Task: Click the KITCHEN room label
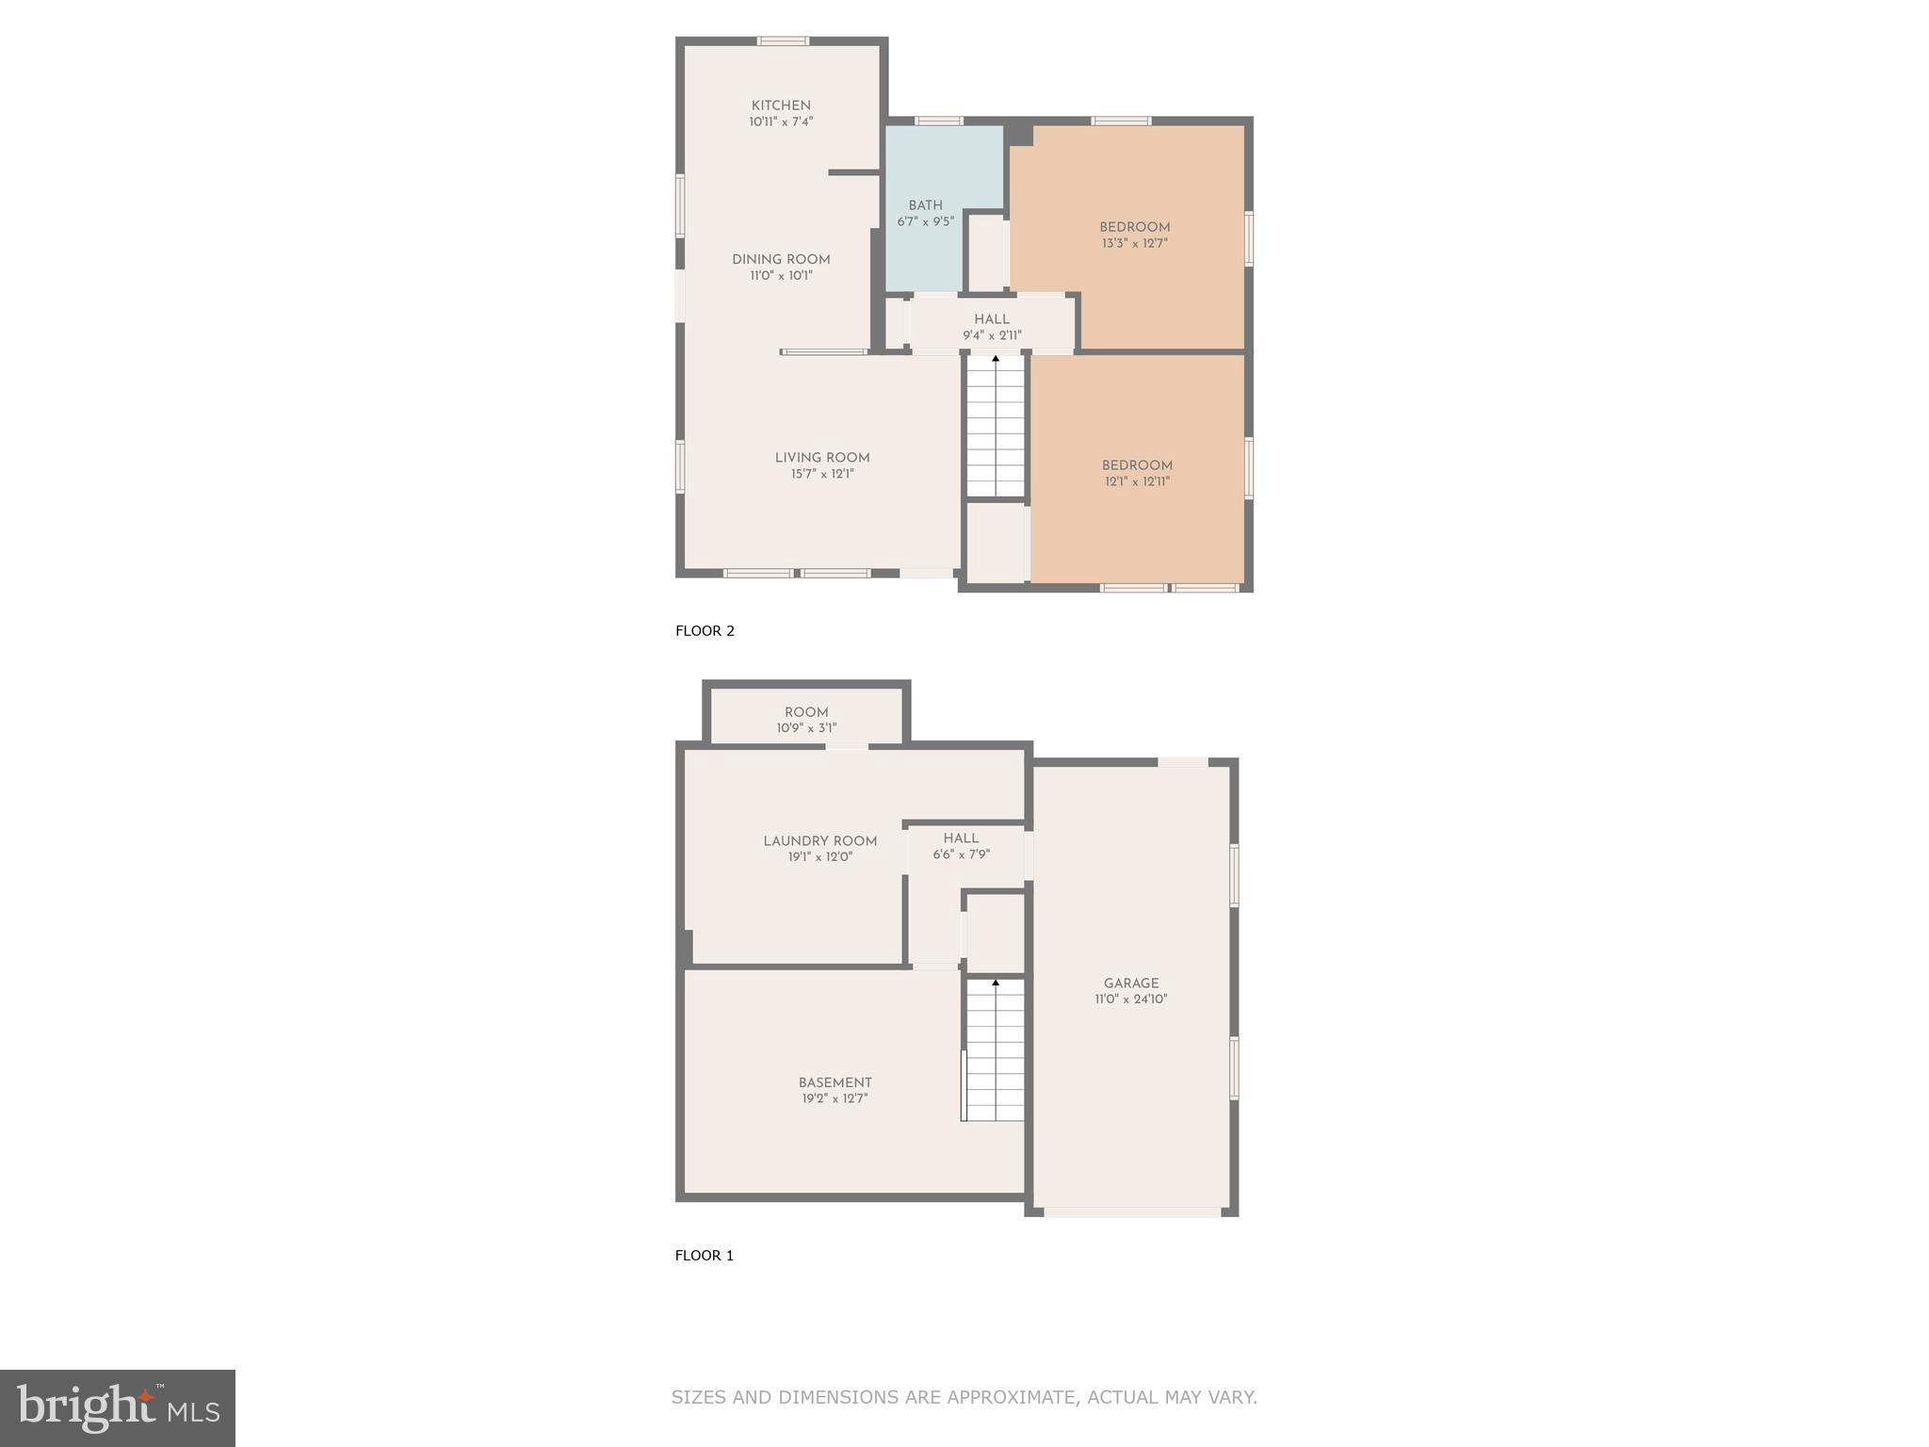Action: tap(781, 106)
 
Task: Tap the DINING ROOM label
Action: tap(781, 260)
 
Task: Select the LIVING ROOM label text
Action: tap(822, 458)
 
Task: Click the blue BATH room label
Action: tap(925, 205)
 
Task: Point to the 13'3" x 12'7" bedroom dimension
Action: tap(1135, 243)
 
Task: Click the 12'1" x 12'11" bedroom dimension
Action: tap(1137, 481)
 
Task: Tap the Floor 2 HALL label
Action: tap(992, 319)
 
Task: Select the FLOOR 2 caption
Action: tap(705, 631)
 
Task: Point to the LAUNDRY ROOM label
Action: tap(819, 841)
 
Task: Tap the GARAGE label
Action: tap(1131, 984)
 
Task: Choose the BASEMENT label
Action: tap(835, 1082)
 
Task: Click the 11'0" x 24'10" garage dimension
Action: tap(1131, 1000)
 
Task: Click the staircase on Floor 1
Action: tap(996, 1050)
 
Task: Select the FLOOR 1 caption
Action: tap(705, 1256)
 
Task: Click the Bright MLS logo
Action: tap(118, 1407)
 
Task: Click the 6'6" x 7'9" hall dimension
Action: tap(961, 854)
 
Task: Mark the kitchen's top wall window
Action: tap(783, 41)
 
